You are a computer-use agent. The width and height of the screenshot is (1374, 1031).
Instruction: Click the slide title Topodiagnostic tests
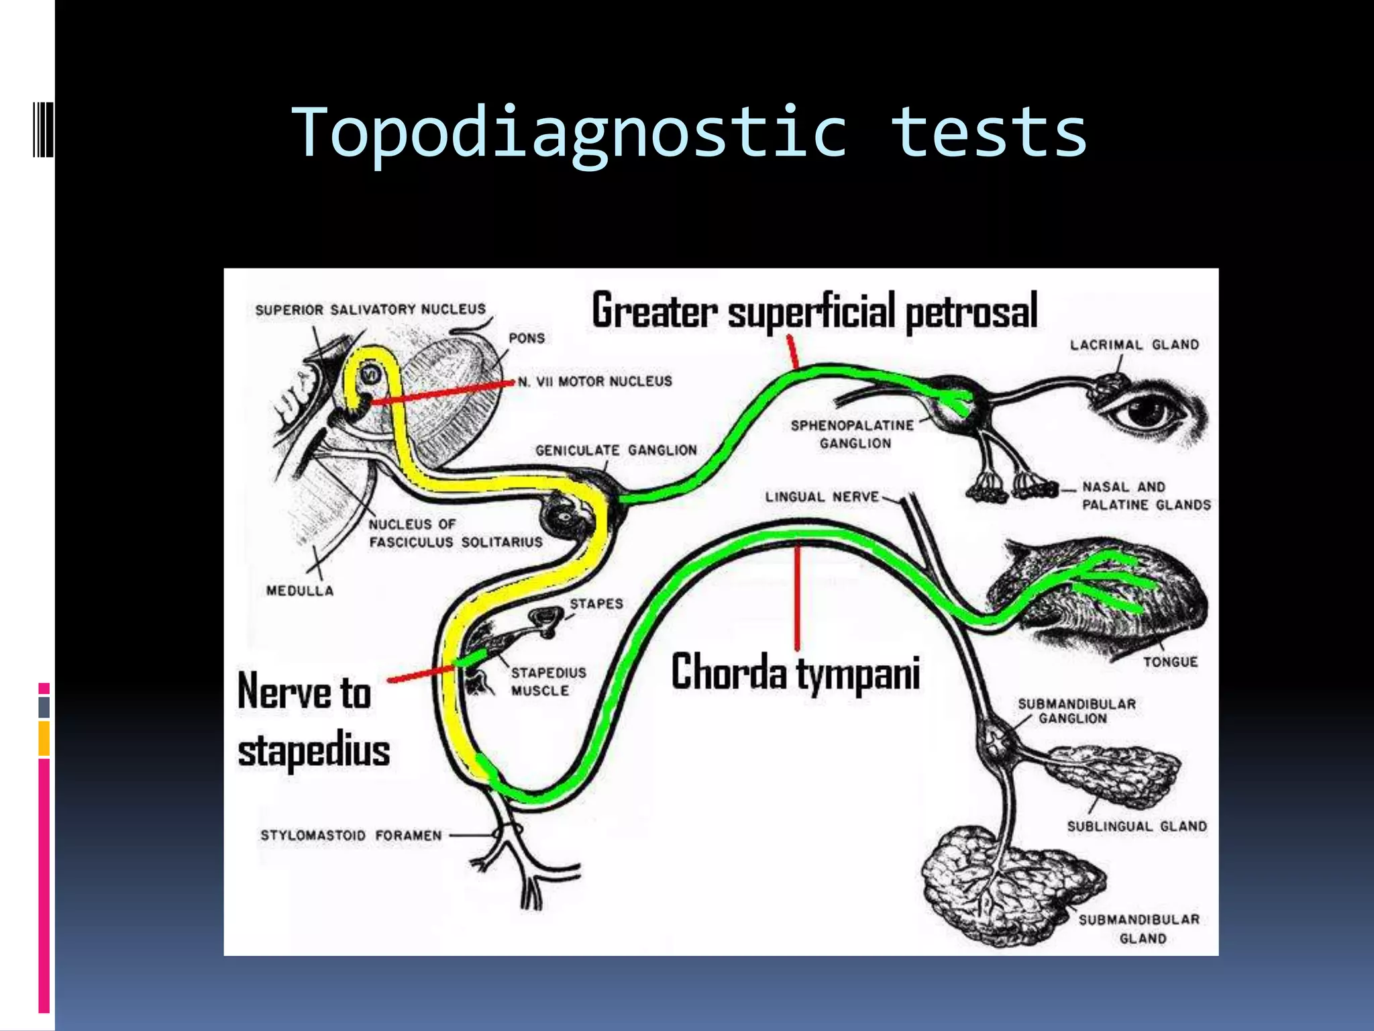point(689,133)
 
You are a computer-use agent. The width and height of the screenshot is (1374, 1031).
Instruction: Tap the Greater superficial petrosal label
point(814,311)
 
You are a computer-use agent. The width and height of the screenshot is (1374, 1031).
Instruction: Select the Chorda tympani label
point(795,673)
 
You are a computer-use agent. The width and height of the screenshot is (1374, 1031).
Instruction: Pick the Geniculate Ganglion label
point(616,450)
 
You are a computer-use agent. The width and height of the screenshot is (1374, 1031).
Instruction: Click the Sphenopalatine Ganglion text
point(853,434)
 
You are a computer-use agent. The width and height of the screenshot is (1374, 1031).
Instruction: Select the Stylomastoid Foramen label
point(351,835)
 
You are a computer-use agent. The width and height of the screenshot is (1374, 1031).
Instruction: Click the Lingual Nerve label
point(822,497)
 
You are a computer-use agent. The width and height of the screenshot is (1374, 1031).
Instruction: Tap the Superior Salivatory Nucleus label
point(370,309)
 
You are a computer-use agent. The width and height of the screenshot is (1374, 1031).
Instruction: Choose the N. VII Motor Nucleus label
point(594,381)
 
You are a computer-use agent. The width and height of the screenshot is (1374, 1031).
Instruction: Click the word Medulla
point(299,591)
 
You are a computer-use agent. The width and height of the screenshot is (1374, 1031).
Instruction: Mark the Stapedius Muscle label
point(548,681)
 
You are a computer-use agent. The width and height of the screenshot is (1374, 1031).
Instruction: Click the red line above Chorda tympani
point(797,597)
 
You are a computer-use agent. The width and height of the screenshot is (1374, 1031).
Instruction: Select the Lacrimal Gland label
point(1134,344)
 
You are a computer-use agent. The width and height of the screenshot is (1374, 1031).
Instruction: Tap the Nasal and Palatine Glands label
point(1146,495)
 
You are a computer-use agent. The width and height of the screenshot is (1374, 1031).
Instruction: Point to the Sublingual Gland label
point(1137,826)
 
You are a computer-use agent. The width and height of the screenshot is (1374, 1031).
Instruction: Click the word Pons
point(527,338)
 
